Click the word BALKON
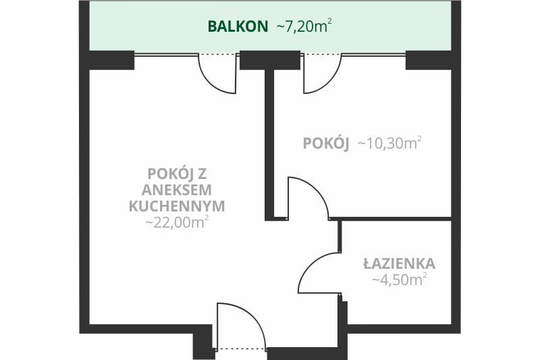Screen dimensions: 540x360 [238, 26]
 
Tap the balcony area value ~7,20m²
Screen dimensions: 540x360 [304, 26]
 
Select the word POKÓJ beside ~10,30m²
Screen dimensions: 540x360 [326, 143]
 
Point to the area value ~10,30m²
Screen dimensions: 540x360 [390, 143]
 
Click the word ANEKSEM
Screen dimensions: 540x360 [177, 190]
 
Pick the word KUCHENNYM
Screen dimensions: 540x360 [177, 206]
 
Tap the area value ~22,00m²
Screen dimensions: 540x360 [177, 222]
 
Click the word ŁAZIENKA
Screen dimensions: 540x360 [399, 263]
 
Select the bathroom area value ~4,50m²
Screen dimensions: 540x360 [399, 280]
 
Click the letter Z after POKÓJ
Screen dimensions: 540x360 [202, 174]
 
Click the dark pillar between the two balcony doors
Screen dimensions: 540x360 [269, 60]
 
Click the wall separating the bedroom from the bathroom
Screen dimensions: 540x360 [390, 219]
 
